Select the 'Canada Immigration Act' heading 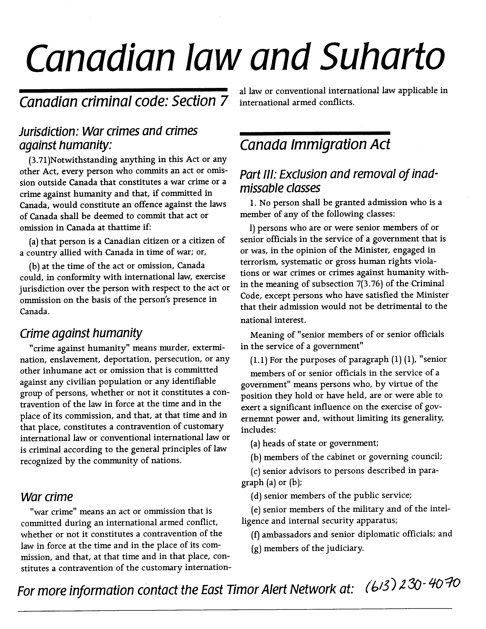click(315, 145)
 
